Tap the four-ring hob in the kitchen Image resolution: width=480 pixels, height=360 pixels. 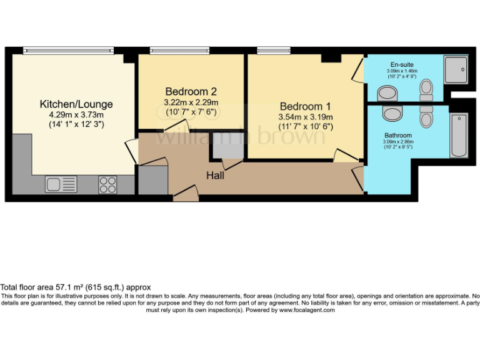point(107,184)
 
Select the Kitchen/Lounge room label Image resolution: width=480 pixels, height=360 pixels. point(76,104)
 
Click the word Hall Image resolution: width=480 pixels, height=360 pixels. point(216,176)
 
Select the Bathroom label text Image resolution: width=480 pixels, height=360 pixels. point(397,135)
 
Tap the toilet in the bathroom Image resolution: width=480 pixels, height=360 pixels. point(427,115)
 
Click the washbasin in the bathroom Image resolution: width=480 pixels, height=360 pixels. point(392,114)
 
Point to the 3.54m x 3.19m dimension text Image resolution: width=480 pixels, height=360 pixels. point(306,116)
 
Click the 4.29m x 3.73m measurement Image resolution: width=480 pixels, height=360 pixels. point(76,114)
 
